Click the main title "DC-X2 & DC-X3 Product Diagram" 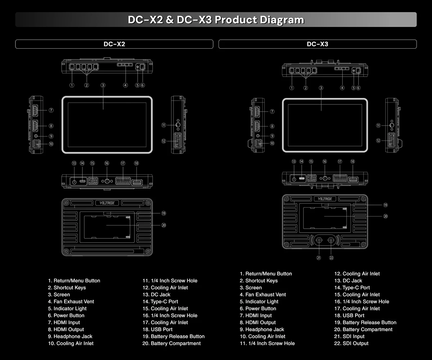point(216,19)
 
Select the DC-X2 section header point(114,44)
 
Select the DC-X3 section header point(317,44)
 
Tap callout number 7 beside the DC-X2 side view point(51,110)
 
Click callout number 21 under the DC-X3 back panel point(319,257)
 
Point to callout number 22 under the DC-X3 point(332,257)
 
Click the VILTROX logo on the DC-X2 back point(107,203)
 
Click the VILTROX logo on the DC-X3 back point(325,199)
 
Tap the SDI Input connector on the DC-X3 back point(319,240)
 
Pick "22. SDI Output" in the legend point(351,343)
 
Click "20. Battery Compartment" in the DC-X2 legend point(171,343)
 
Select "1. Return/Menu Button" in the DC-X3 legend point(266,274)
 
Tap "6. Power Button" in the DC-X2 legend point(66,315)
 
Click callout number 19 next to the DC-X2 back point(163,213)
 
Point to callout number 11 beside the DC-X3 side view point(378,126)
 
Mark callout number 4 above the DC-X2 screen point(125,85)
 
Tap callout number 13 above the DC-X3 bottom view point(294,162)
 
